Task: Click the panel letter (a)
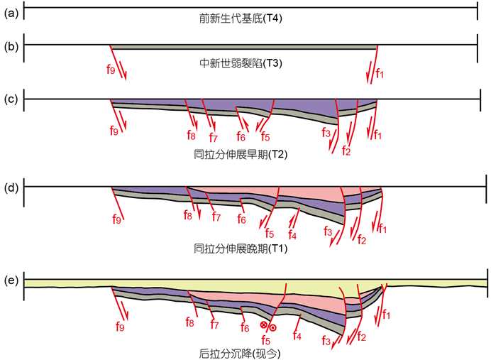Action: (x=11, y=9)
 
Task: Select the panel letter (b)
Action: (x=11, y=47)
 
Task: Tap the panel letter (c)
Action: (x=11, y=99)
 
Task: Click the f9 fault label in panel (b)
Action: (x=111, y=72)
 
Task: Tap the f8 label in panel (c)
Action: (x=191, y=134)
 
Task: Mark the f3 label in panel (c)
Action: (x=326, y=133)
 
